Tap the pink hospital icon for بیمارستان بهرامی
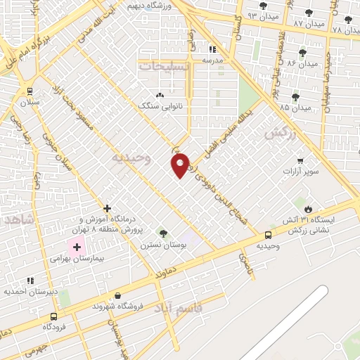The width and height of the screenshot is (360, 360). (x=76, y=247)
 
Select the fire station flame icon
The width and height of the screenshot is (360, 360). (x=308, y=207)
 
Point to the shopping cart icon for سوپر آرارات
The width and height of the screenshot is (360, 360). (x=300, y=161)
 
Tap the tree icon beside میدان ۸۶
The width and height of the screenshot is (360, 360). (x=302, y=53)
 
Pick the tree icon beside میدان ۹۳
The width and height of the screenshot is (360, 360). (x=263, y=6)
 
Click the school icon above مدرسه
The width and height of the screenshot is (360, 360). (x=212, y=49)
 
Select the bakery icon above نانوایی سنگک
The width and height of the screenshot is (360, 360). (x=160, y=94)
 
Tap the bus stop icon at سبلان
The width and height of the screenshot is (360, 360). (x=29, y=91)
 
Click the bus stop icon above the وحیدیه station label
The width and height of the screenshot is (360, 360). (x=268, y=235)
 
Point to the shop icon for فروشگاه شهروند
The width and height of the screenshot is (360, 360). (x=117, y=295)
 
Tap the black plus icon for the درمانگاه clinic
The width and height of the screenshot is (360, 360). (x=107, y=208)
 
